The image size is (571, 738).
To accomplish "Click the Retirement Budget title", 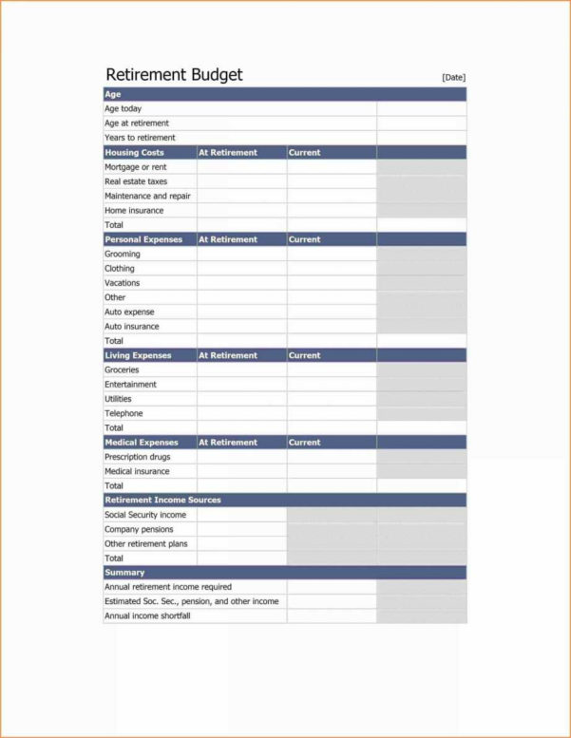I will click(x=174, y=74).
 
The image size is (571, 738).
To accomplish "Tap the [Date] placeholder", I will click(x=453, y=77).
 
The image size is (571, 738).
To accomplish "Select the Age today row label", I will click(x=123, y=109).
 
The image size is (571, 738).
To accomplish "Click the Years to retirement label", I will click(x=140, y=138).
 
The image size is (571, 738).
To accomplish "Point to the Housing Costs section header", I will click(x=134, y=152).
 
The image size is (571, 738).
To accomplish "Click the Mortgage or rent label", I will click(x=136, y=167).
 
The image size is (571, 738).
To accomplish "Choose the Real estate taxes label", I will click(x=136, y=181).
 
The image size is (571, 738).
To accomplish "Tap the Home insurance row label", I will click(x=134, y=210).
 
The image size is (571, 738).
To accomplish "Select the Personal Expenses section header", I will click(x=143, y=239).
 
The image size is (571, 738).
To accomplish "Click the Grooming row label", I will click(x=123, y=254).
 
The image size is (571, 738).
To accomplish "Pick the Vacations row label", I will click(x=122, y=283).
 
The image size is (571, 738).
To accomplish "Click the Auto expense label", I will click(x=129, y=312).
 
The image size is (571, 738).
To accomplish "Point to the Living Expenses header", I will click(x=138, y=355).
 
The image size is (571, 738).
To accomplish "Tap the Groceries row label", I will click(x=122, y=369).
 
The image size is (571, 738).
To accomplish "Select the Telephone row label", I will click(x=124, y=413).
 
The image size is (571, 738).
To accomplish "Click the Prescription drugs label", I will click(x=138, y=457).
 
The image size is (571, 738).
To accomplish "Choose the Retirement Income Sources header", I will click(x=162, y=500).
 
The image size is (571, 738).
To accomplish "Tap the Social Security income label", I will click(x=145, y=515).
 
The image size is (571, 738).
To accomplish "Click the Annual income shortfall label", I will click(x=147, y=615).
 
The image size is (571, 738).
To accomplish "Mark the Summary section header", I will click(x=124, y=573).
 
